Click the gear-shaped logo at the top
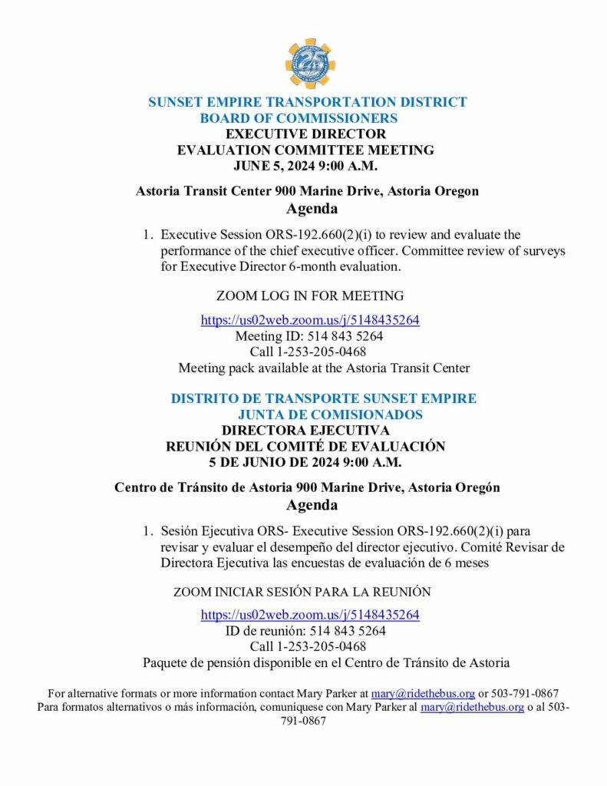(x=310, y=64)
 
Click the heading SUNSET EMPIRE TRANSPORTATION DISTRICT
(x=307, y=102)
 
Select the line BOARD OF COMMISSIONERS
(x=299, y=118)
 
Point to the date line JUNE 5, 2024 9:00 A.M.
(x=305, y=165)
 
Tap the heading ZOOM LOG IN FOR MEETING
(x=310, y=296)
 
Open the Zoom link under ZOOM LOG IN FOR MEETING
(x=310, y=320)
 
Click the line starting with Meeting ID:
(x=309, y=336)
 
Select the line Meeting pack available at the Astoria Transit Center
(x=324, y=368)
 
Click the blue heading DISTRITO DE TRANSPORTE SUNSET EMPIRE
(x=323, y=399)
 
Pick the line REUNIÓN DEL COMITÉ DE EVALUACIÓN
(x=305, y=446)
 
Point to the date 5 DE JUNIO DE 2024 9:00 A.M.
(x=305, y=462)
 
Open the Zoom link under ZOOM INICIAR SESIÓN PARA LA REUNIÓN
(x=310, y=615)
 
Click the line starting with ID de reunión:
(x=305, y=631)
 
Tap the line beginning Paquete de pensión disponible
(x=326, y=662)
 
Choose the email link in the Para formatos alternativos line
(x=472, y=707)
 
